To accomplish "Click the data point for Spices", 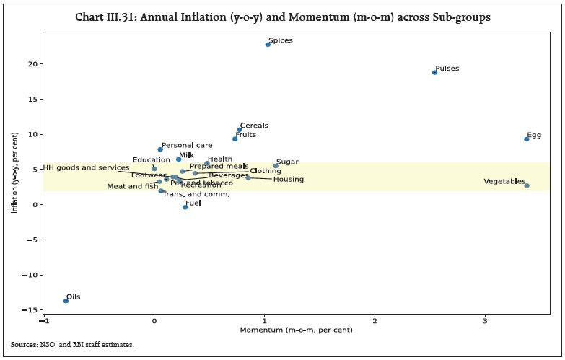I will click(x=268, y=44).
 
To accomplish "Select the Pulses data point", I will click(x=434, y=72).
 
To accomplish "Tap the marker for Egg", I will click(x=527, y=139).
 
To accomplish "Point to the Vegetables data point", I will click(x=527, y=185).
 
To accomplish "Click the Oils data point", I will click(x=66, y=301).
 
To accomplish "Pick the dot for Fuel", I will click(x=185, y=207).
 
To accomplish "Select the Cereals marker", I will click(x=240, y=130).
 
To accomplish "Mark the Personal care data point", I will click(x=160, y=149).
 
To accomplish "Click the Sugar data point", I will click(x=276, y=166).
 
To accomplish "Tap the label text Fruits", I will click(x=246, y=134).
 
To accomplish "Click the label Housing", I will click(x=288, y=179).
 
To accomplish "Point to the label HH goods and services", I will click(x=86, y=167).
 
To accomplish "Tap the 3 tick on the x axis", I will click(x=486, y=320).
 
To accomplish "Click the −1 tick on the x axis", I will click(x=45, y=320).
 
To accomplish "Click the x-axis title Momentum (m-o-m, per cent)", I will click(x=297, y=330).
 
